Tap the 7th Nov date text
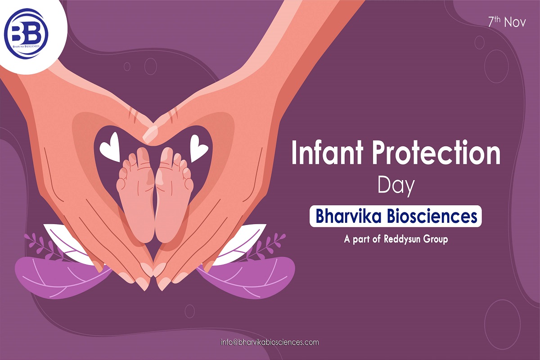[x=507, y=22]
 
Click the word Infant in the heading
[x=327, y=153]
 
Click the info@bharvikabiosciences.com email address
[x=270, y=342]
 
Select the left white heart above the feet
[x=111, y=148]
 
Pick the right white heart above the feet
[x=198, y=148]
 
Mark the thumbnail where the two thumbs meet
[x=150, y=134]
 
